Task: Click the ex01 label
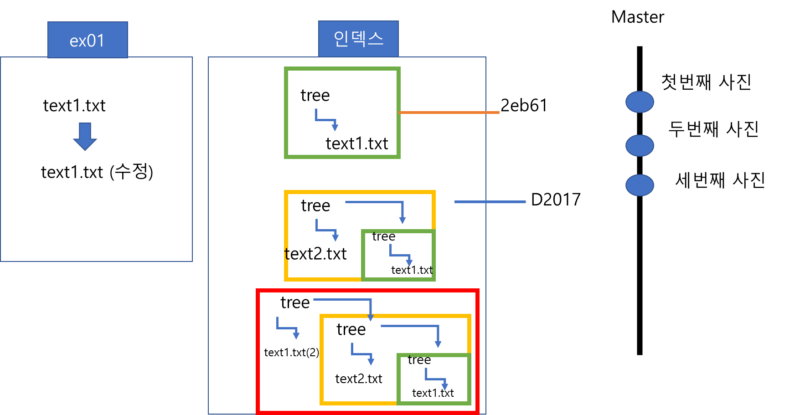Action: click(x=88, y=40)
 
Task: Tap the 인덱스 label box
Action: click(x=358, y=39)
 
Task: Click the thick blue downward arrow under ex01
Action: click(x=85, y=136)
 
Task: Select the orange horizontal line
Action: click(x=449, y=112)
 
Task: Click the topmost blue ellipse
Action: click(x=640, y=102)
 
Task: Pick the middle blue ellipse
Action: click(x=640, y=145)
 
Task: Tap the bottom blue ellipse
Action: click(x=640, y=185)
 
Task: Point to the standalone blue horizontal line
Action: click(x=490, y=201)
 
